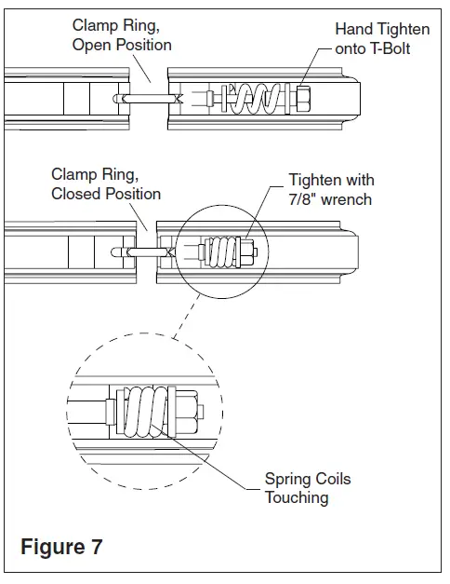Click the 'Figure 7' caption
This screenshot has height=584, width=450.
pos(61,547)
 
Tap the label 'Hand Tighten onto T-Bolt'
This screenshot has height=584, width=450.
pos(382,39)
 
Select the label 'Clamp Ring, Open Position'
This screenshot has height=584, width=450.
pos(122,35)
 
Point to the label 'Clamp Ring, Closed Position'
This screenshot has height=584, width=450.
pos(106,184)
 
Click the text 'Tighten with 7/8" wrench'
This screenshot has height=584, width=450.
pos(331,190)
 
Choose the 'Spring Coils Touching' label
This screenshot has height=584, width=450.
pos(308,488)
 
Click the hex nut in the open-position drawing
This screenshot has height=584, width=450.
pos(303,99)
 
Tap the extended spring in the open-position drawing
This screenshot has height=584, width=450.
pos(255,99)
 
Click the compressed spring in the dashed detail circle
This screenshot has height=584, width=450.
pos(145,411)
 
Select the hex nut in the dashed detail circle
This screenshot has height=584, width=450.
pos(186,412)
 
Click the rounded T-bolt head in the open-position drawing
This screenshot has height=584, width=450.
pos(117,99)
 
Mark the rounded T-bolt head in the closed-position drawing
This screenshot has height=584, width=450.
pos(116,252)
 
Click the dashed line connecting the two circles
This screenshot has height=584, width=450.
pos(187,317)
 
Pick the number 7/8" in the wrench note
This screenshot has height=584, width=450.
pos(303,199)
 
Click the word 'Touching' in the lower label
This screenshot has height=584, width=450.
pos(297,498)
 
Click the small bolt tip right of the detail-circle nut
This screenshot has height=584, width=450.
pos(201,412)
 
